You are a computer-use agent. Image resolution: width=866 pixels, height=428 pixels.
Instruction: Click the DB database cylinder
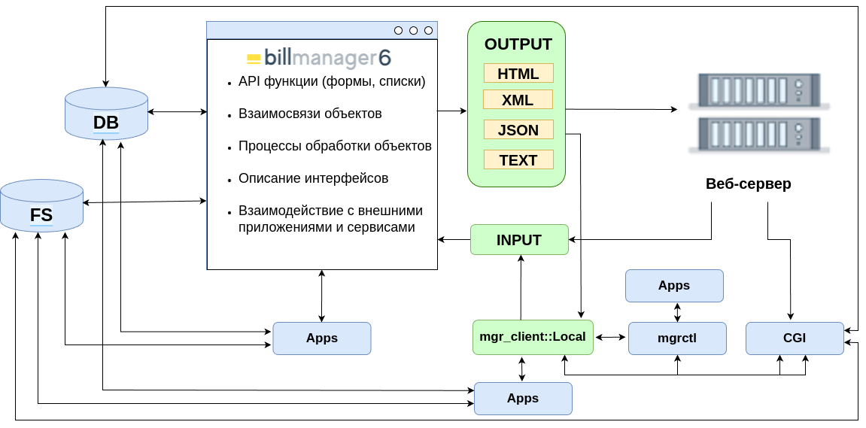click(x=106, y=114)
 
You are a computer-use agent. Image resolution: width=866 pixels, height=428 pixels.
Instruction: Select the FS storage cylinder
click(x=41, y=206)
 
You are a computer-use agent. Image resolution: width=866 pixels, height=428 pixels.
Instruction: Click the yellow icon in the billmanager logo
click(x=254, y=59)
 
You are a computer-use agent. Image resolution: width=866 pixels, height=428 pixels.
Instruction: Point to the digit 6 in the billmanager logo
click(x=384, y=59)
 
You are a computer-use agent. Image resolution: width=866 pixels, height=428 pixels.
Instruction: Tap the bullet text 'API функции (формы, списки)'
click(x=332, y=81)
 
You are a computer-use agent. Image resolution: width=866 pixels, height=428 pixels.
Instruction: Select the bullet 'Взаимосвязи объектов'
click(x=310, y=114)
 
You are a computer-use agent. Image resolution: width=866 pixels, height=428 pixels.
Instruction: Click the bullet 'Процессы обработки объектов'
click(x=335, y=146)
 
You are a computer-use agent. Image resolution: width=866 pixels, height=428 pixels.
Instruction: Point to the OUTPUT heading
click(x=518, y=44)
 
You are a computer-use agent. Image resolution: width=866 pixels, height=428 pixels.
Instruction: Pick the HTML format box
click(x=518, y=74)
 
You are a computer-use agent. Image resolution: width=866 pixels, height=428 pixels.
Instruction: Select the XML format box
click(x=518, y=100)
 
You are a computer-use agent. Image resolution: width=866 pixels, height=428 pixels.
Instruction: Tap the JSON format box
click(x=518, y=130)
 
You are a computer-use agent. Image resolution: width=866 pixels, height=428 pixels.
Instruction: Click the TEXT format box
click(x=518, y=160)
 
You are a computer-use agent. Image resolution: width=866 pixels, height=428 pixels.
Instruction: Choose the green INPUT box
click(x=519, y=240)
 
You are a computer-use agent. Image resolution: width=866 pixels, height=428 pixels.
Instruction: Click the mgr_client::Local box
click(x=533, y=337)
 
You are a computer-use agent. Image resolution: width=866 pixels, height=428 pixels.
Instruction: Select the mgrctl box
click(x=677, y=338)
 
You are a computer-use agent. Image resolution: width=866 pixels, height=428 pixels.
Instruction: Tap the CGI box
click(x=795, y=338)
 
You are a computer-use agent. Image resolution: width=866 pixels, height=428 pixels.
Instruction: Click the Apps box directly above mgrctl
click(x=674, y=286)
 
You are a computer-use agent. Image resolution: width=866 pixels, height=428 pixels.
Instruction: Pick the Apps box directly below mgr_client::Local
click(x=523, y=399)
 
